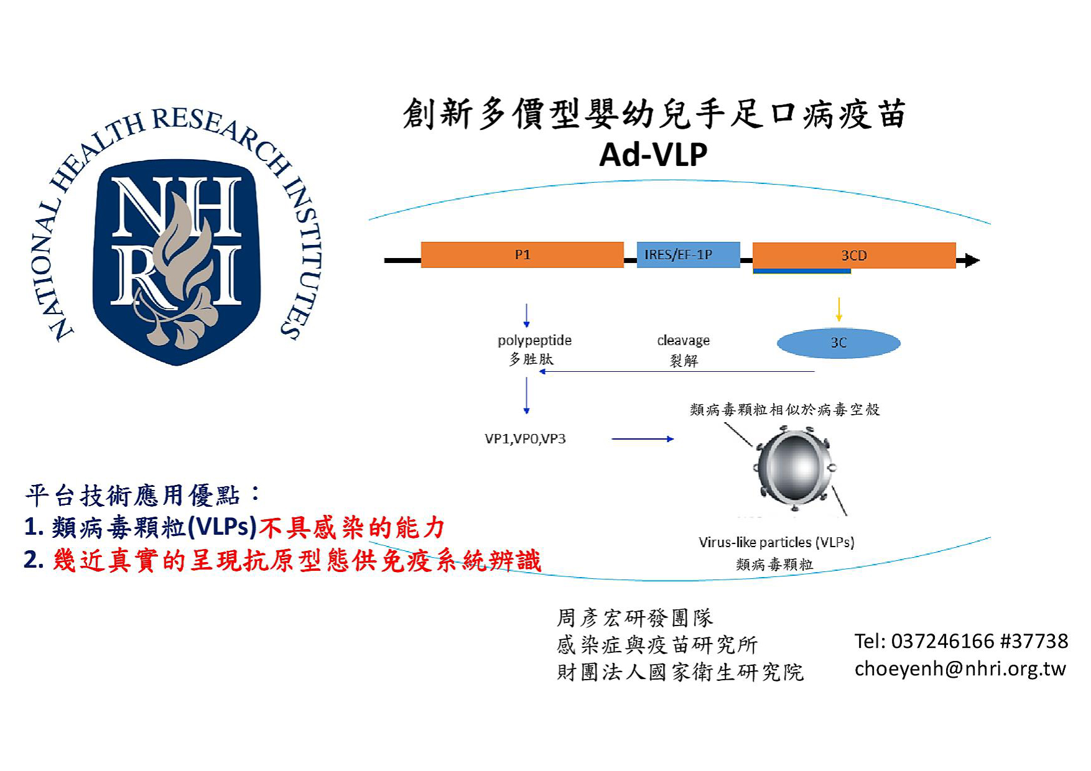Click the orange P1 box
click(x=522, y=255)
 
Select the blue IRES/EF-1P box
click(x=687, y=255)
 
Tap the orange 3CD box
click(x=853, y=256)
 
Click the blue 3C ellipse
click(x=838, y=343)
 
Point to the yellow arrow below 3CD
click(x=839, y=310)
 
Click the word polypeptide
click(x=534, y=341)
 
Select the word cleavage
click(x=683, y=341)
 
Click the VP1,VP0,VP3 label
click(x=525, y=439)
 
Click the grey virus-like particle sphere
click(x=794, y=468)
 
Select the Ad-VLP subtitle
click(x=652, y=155)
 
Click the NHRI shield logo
click(x=177, y=261)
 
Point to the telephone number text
click(x=960, y=641)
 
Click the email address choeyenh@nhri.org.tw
click(x=960, y=669)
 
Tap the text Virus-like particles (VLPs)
click(x=776, y=542)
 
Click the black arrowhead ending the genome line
click(x=971, y=261)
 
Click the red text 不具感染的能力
click(x=351, y=528)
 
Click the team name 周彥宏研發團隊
click(x=634, y=618)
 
